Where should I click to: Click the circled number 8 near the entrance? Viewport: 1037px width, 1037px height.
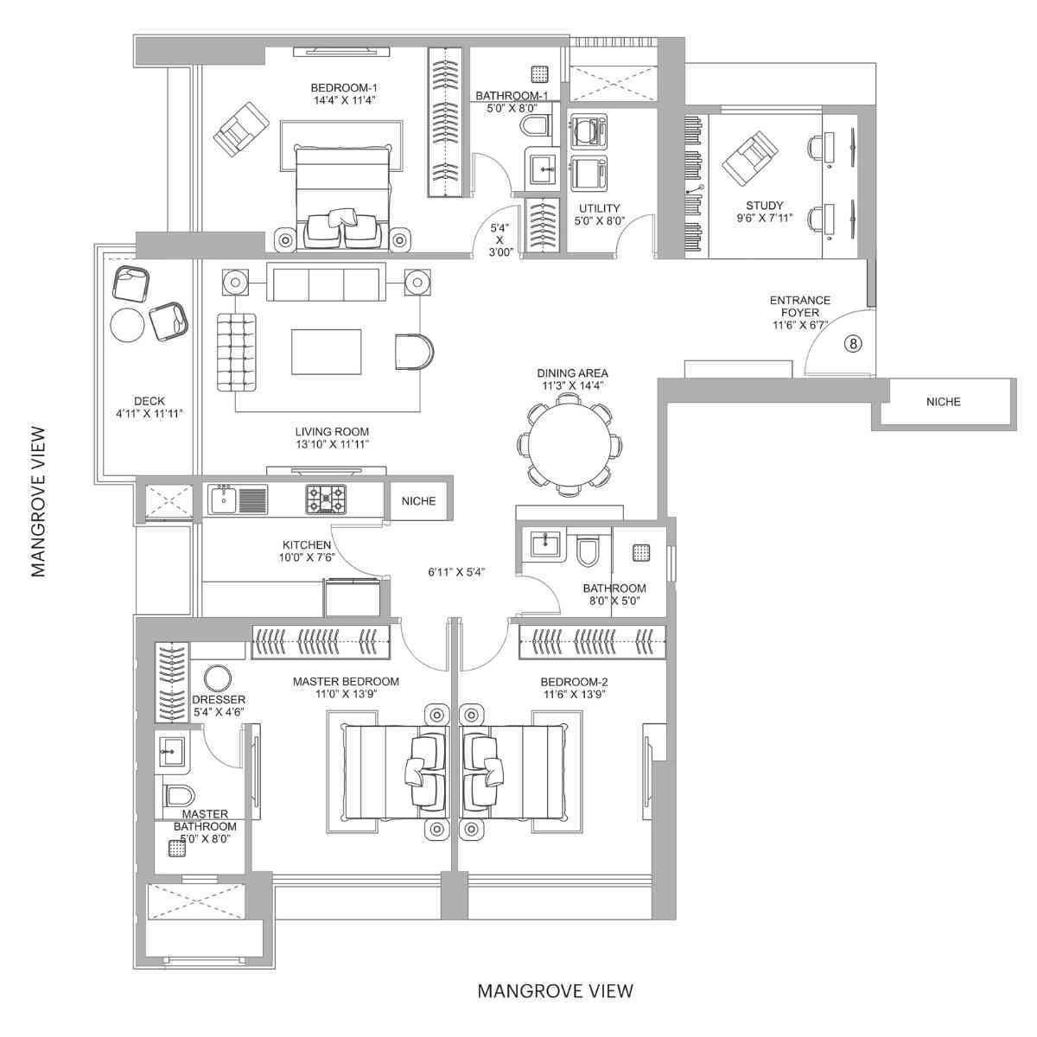tap(852, 343)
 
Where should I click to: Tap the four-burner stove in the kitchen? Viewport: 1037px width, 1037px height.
tap(325, 499)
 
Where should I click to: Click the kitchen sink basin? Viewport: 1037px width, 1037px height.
tap(223, 499)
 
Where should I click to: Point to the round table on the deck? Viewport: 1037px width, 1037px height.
tap(128, 325)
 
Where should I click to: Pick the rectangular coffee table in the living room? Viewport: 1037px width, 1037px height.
tap(326, 351)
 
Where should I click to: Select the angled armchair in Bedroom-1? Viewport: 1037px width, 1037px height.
tap(241, 130)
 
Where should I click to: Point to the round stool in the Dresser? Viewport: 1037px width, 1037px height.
tap(218, 678)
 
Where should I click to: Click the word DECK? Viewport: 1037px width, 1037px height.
tap(149, 401)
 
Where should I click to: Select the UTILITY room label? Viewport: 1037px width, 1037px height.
tap(599, 208)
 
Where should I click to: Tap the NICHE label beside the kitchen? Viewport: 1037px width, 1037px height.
tap(418, 501)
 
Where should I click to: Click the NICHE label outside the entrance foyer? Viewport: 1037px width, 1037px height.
tap(943, 402)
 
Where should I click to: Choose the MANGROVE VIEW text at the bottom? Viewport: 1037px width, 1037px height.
tap(555, 990)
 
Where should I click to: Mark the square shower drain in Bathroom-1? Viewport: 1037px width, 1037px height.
tap(539, 73)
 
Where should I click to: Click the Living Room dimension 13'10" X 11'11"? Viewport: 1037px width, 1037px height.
tap(332, 445)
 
